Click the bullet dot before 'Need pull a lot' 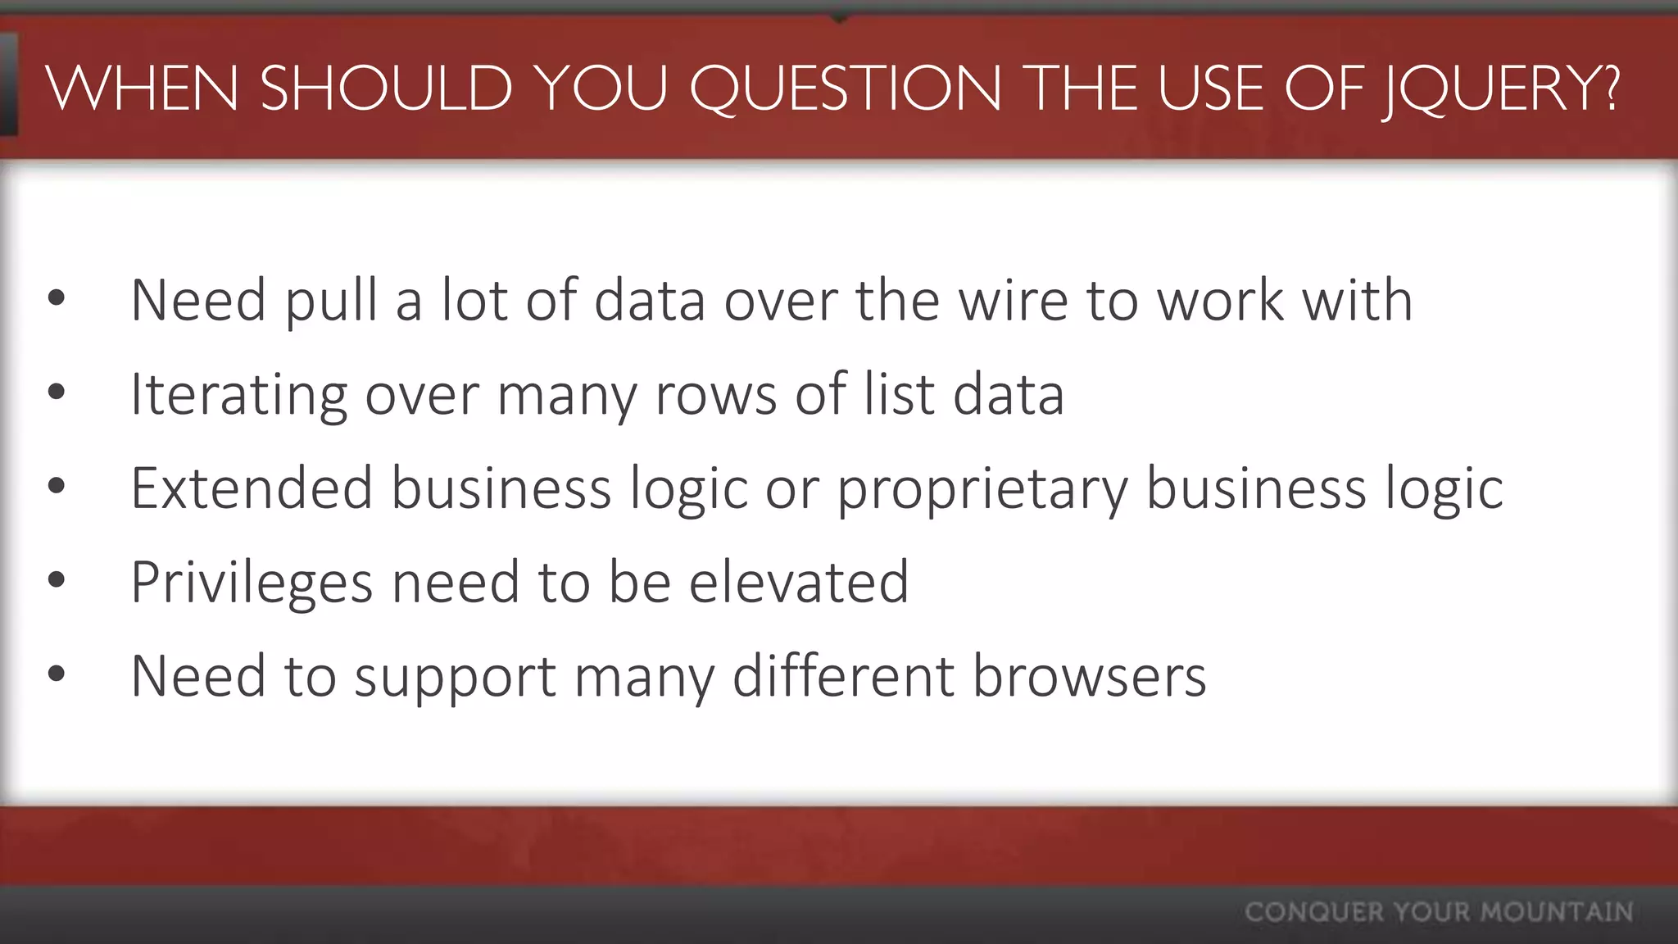tap(56, 299)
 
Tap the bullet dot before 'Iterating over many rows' tap(56, 393)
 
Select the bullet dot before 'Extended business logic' tap(56, 487)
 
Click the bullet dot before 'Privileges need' tap(56, 581)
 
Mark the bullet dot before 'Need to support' tap(56, 674)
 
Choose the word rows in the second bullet tap(715, 395)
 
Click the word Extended tap(252, 488)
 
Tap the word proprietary tap(982, 490)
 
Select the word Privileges tap(252, 583)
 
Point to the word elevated tap(799, 582)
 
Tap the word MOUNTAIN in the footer tap(1557, 912)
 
